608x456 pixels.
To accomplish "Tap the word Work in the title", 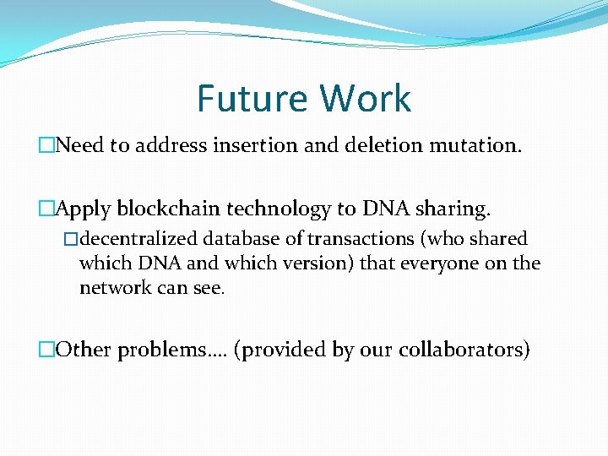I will (x=360, y=98).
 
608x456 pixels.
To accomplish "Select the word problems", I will (x=162, y=350).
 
